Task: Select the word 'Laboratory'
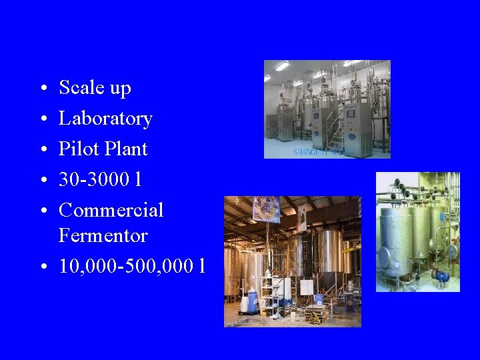pos(105,119)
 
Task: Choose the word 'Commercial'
pos(111,210)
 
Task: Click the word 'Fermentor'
pos(103,235)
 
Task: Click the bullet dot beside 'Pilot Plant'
pos(42,149)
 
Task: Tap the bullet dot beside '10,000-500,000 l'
pos(42,267)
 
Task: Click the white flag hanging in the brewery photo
pos(301,217)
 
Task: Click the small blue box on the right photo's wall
pos(451,252)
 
